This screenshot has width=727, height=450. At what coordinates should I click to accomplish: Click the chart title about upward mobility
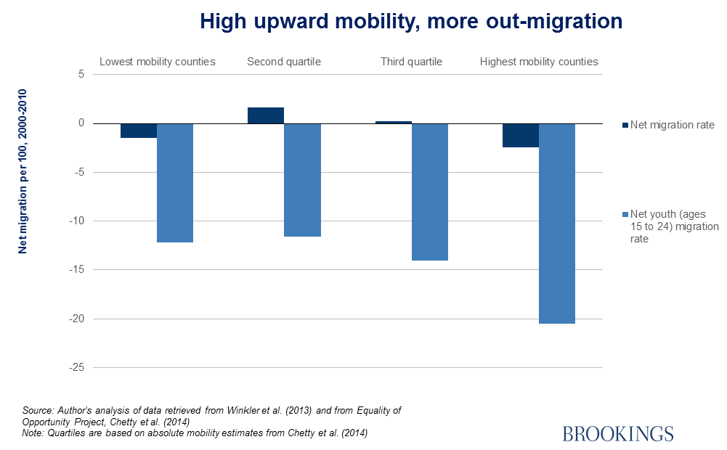[411, 22]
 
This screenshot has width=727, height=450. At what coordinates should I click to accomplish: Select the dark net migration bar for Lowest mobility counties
[139, 131]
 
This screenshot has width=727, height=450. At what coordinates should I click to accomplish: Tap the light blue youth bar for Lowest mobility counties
[175, 183]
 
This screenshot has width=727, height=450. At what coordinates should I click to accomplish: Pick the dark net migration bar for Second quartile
[266, 115]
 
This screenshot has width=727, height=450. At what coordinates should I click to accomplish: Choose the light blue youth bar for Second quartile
[302, 180]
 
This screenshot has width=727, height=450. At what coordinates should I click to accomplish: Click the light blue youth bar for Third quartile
[430, 192]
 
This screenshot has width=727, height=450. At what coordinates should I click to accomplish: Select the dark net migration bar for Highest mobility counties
[521, 135]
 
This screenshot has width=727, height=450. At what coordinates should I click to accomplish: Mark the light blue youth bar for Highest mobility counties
[557, 224]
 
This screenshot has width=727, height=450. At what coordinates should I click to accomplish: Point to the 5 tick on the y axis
[81, 75]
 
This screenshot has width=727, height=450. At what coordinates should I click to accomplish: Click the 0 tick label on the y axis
[81, 123]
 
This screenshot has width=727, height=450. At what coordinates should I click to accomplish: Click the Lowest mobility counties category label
[157, 62]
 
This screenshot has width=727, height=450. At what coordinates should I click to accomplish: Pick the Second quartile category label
[284, 62]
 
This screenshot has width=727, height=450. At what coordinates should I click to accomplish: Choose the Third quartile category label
[411, 62]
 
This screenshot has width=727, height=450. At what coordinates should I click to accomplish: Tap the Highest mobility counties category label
[539, 62]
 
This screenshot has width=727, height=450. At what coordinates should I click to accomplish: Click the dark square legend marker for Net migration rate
[625, 125]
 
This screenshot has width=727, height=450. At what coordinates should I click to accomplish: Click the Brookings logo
[618, 433]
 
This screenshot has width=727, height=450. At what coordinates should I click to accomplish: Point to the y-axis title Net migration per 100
[23, 171]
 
